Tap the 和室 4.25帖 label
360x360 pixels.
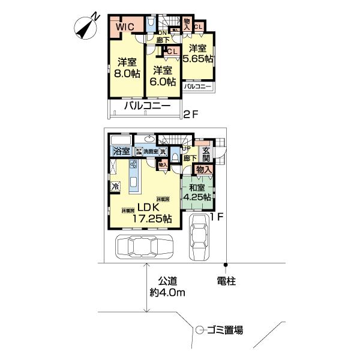pos(197,191)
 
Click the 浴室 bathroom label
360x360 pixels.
pos(122,151)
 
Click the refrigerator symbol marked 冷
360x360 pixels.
pos(115,187)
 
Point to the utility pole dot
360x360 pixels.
pos(226,264)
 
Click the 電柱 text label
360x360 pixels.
pos(227,280)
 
